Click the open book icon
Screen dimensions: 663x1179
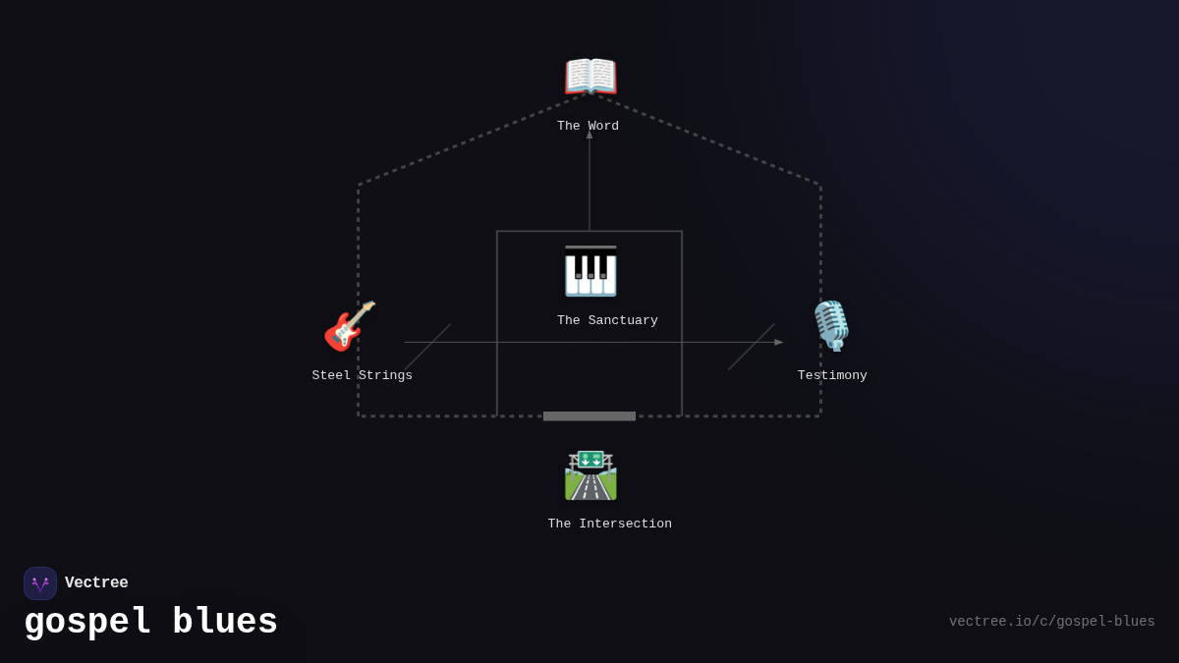point(589,77)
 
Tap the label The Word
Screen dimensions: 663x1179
point(588,127)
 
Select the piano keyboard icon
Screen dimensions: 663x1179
point(590,271)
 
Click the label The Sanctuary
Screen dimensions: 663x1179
point(607,321)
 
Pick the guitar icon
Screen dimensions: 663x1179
point(350,326)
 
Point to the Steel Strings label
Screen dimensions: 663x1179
point(362,376)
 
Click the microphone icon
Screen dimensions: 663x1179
point(831,326)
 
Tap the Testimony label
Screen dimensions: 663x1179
point(832,376)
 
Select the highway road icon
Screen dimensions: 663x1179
point(590,475)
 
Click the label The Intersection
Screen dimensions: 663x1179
point(609,525)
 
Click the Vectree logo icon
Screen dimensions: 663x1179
point(40,583)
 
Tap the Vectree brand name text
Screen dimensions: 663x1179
point(96,583)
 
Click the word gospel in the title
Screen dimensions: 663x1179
point(87,623)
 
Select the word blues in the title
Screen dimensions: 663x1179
point(225,623)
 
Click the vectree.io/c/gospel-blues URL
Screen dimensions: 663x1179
point(1051,622)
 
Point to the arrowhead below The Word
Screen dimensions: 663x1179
point(589,135)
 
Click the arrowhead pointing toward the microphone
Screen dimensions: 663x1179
point(778,342)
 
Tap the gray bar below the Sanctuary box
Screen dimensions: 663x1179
point(589,416)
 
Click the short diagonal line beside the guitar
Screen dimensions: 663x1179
point(427,347)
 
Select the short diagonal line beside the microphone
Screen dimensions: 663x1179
point(751,347)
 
